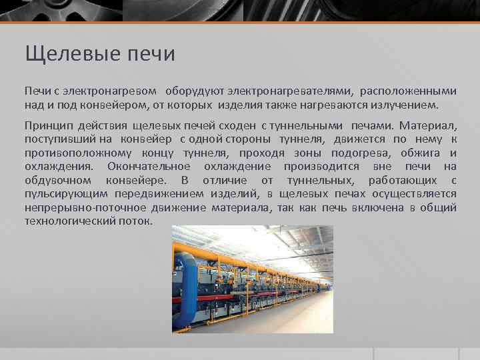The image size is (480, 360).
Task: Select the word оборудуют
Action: point(193,90)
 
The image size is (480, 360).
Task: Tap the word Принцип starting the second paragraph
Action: point(46,126)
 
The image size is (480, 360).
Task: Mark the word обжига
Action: point(427,153)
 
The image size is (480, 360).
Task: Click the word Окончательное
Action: point(149,167)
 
